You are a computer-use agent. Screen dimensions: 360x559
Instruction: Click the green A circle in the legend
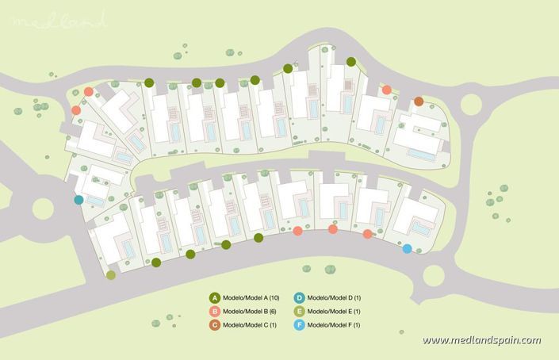[x=215, y=297]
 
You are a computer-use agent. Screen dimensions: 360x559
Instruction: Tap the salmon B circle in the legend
[x=215, y=311]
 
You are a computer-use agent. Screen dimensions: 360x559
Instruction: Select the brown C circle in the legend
[x=215, y=325]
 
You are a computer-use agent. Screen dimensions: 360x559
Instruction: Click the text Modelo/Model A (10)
[x=250, y=297]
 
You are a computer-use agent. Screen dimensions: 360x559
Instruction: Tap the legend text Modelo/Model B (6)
[x=248, y=312]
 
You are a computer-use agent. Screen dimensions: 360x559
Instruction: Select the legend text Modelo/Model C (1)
[x=248, y=325]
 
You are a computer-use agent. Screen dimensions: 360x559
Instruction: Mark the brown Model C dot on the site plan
[x=419, y=101]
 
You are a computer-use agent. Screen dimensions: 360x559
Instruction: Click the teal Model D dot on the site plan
[x=78, y=200]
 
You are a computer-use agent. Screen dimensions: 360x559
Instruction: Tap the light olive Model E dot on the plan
[x=110, y=275]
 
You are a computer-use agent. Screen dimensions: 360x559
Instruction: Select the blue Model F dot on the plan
[x=407, y=249]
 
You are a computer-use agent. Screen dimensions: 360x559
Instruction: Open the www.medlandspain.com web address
[x=481, y=340]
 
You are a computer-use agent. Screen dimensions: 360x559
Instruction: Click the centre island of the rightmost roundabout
[x=473, y=105]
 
